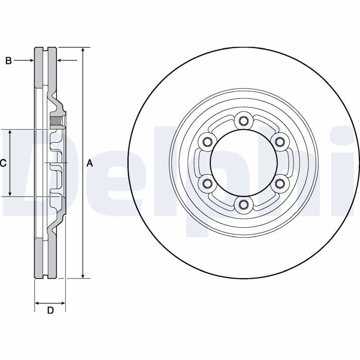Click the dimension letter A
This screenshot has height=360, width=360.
click(90, 163)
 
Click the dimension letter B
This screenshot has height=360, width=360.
click(9, 61)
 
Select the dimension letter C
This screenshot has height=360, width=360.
click(3, 163)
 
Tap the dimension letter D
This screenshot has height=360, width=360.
click(50, 310)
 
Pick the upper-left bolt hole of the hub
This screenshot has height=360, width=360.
click(207, 141)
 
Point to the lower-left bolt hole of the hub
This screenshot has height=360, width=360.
click(207, 183)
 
